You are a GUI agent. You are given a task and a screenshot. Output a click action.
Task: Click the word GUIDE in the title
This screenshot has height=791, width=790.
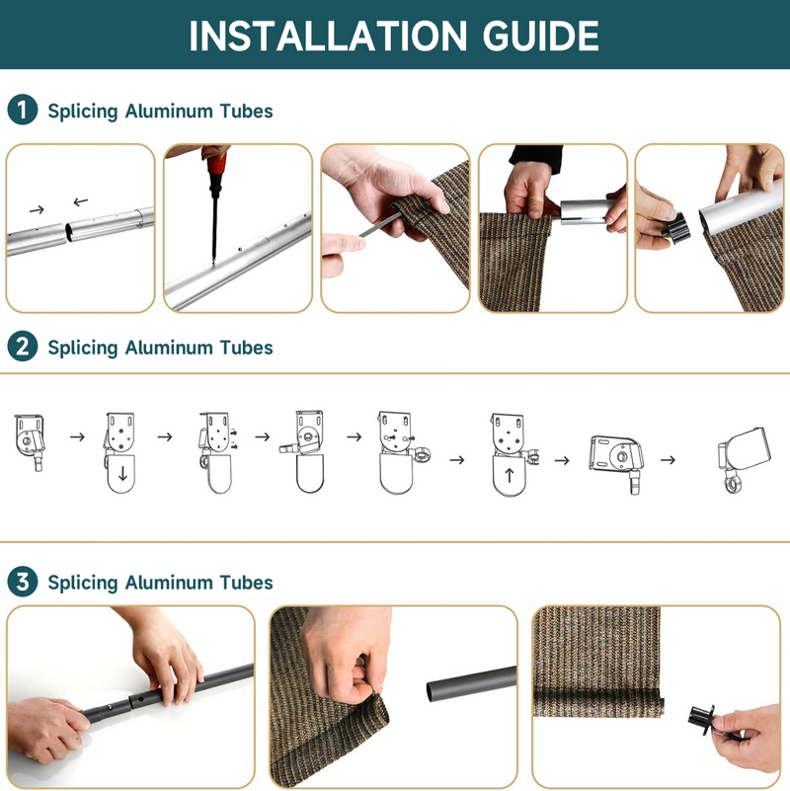tap(541, 36)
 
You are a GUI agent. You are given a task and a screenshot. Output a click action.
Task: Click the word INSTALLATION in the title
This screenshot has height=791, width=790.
tap(328, 36)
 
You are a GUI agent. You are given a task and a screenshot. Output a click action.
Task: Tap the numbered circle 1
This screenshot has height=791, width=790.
tap(23, 110)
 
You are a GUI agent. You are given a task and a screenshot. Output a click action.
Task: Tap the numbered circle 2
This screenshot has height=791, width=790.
tap(23, 347)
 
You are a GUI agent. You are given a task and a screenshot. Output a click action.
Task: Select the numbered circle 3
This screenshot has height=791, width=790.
tap(23, 581)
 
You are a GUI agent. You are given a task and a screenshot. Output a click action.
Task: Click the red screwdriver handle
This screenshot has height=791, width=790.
tap(217, 169)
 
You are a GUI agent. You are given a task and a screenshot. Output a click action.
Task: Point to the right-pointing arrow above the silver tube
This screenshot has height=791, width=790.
tap(37, 210)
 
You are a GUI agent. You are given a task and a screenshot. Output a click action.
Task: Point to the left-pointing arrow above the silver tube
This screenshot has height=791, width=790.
tap(81, 201)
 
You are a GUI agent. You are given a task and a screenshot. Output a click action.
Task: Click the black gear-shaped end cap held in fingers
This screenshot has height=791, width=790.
tap(675, 227)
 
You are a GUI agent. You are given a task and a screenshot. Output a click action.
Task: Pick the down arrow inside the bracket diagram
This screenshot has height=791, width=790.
tap(122, 473)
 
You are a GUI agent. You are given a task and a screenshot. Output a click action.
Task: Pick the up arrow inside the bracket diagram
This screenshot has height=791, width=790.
tap(509, 475)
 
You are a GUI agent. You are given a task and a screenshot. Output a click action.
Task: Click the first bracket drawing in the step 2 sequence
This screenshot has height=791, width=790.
tap(30, 441)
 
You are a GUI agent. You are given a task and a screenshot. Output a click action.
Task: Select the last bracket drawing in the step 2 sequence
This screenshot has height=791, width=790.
tap(745, 459)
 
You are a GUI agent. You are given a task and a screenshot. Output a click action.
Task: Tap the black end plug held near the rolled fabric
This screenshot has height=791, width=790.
tap(701, 714)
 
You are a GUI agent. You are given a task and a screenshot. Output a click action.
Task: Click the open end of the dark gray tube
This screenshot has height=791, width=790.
tap(433, 691)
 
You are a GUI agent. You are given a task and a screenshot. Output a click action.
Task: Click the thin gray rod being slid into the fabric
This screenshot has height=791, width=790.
tap(378, 224)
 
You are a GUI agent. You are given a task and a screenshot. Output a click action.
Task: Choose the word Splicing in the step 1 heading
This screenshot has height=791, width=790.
tap(83, 112)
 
